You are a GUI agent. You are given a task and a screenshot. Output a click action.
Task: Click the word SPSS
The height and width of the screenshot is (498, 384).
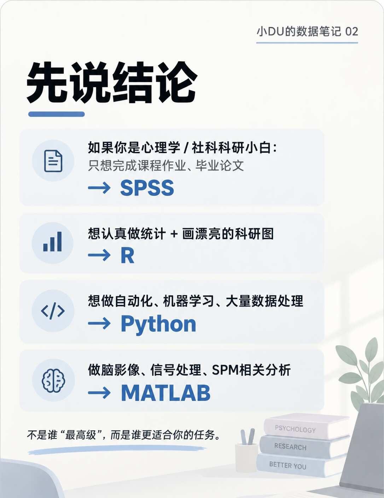(147, 188)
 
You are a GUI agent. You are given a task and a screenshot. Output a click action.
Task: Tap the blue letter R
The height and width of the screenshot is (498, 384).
(127, 256)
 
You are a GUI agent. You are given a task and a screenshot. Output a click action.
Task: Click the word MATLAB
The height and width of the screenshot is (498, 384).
(165, 393)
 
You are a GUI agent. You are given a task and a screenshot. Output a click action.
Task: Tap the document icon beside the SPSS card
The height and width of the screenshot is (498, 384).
(53, 161)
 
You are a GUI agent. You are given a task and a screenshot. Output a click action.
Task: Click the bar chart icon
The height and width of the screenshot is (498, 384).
(52, 242)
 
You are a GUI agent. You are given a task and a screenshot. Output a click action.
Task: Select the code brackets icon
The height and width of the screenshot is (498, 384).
(53, 311)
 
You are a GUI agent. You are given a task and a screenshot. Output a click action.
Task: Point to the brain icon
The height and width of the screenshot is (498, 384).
(53, 380)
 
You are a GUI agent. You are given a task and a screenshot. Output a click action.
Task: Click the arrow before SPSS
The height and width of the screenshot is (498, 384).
(99, 188)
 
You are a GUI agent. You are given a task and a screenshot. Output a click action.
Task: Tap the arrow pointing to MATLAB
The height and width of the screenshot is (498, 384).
(99, 393)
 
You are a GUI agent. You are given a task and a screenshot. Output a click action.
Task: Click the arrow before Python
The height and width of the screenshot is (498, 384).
(99, 324)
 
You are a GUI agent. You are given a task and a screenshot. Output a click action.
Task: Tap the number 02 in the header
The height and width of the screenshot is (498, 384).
(352, 31)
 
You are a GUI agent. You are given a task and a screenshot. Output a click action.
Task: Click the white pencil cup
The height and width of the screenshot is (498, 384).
(246, 457)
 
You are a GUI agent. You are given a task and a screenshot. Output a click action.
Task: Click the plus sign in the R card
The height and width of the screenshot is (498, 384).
(174, 234)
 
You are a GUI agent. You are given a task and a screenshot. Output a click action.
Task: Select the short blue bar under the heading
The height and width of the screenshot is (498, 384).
(57, 114)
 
